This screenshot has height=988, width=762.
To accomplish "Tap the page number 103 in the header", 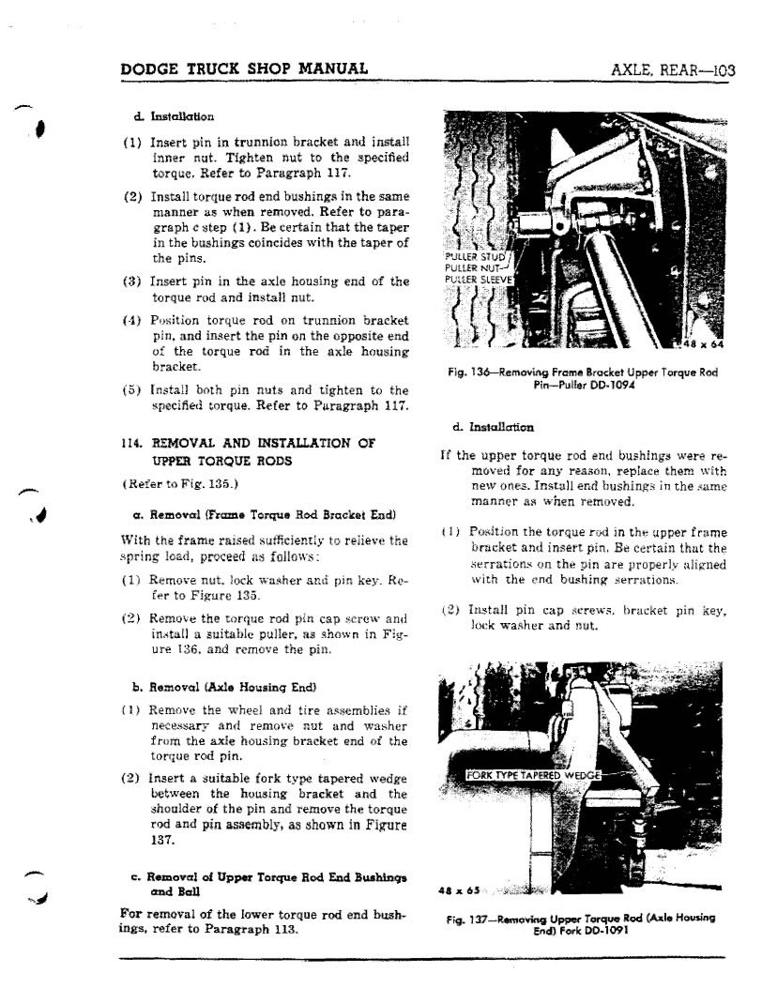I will tap(724, 69).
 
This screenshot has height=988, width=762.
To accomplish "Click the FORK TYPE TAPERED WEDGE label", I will tap(534, 775).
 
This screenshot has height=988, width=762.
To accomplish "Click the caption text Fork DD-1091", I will tap(592, 929).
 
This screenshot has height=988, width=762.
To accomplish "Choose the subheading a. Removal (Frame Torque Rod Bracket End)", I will tap(251, 516).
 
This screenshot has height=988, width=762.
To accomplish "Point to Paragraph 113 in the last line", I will tap(255, 929).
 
